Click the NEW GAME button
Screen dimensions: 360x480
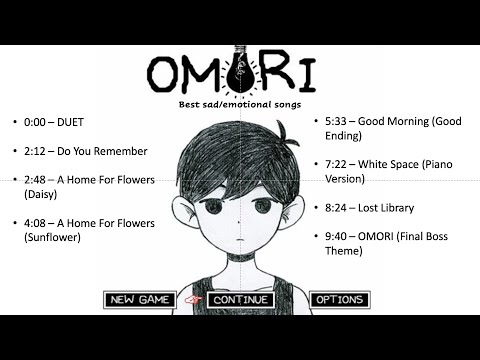click(x=139, y=299)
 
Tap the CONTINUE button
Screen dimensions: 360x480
click(x=240, y=299)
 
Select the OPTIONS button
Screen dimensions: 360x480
click(x=339, y=299)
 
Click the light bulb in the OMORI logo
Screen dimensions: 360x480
click(x=239, y=66)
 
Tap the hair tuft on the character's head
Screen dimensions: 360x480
click(x=287, y=129)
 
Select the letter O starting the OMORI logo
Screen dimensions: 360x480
click(x=164, y=72)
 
